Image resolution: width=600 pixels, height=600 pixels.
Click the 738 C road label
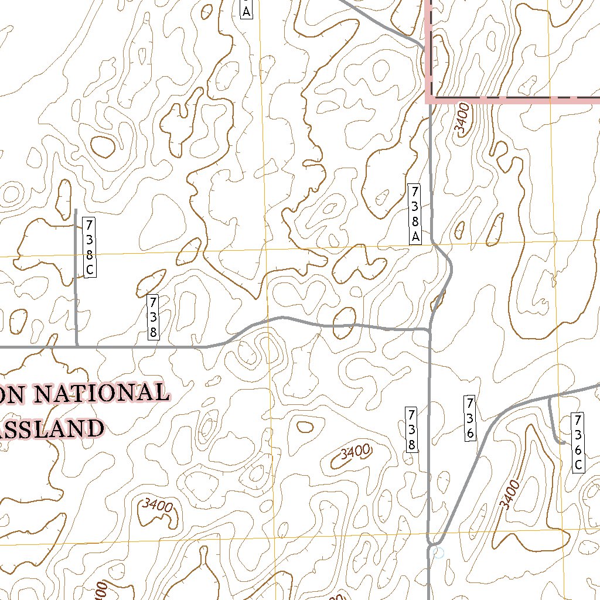(89, 247)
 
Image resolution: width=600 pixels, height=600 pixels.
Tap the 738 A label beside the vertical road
(415, 213)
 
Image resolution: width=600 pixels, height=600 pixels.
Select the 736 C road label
(577, 442)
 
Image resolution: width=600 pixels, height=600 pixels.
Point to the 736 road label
(470, 418)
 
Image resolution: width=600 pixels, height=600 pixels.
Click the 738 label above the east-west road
(152, 317)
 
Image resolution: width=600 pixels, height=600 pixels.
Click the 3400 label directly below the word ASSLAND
(157, 504)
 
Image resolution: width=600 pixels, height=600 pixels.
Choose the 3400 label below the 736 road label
(509, 493)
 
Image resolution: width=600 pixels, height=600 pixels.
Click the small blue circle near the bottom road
(438, 553)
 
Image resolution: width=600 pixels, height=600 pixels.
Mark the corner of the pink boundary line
(428, 98)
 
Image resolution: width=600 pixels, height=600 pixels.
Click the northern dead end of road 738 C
(76, 209)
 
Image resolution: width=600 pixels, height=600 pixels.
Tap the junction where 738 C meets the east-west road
(77, 346)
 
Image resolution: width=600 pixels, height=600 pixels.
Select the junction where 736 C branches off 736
(549, 397)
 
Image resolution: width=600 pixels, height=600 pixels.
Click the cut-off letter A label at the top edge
(246, 10)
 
